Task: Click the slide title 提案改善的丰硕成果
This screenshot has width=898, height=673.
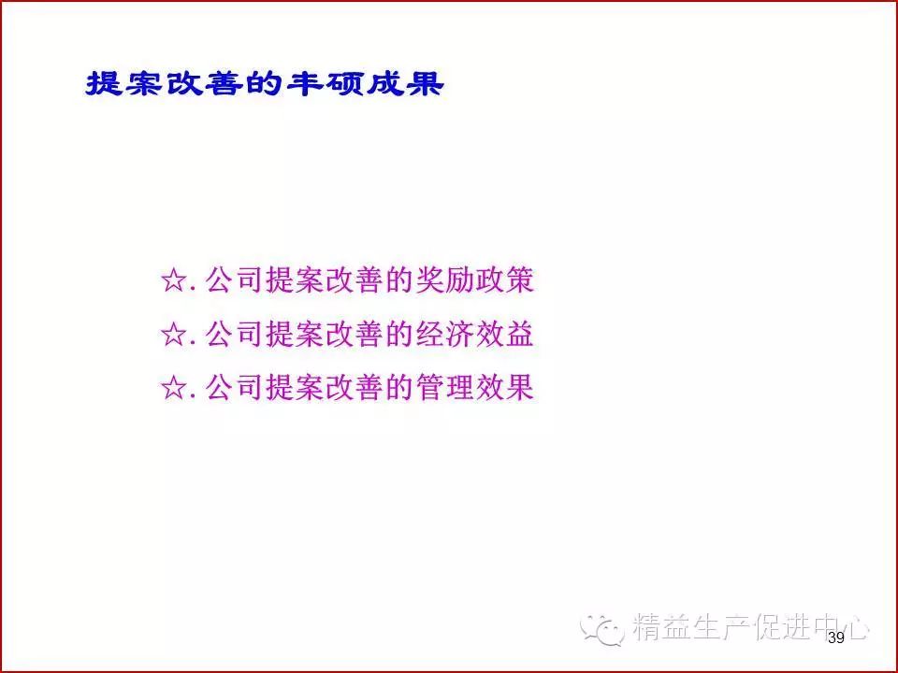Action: [x=265, y=83]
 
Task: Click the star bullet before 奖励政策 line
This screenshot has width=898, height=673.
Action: [x=174, y=281]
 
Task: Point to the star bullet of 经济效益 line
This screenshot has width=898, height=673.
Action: [x=174, y=335]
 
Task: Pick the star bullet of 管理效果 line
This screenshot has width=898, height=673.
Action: [x=174, y=388]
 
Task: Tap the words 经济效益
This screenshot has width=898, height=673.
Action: [x=475, y=334]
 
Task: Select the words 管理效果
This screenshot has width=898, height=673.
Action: [x=475, y=387]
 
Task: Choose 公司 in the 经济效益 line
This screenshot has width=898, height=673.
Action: [x=234, y=334]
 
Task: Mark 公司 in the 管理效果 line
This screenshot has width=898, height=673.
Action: [x=234, y=387]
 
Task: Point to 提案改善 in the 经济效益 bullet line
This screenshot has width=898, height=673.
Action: [x=325, y=334]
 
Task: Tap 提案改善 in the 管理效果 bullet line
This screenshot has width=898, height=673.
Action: [x=325, y=387]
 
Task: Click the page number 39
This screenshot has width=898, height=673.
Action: [x=836, y=638]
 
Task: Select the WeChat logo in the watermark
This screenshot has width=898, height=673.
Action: [x=601, y=629]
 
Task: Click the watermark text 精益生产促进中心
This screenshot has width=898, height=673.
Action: [x=751, y=626]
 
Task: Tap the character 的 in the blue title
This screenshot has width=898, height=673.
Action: [x=265, y=83]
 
